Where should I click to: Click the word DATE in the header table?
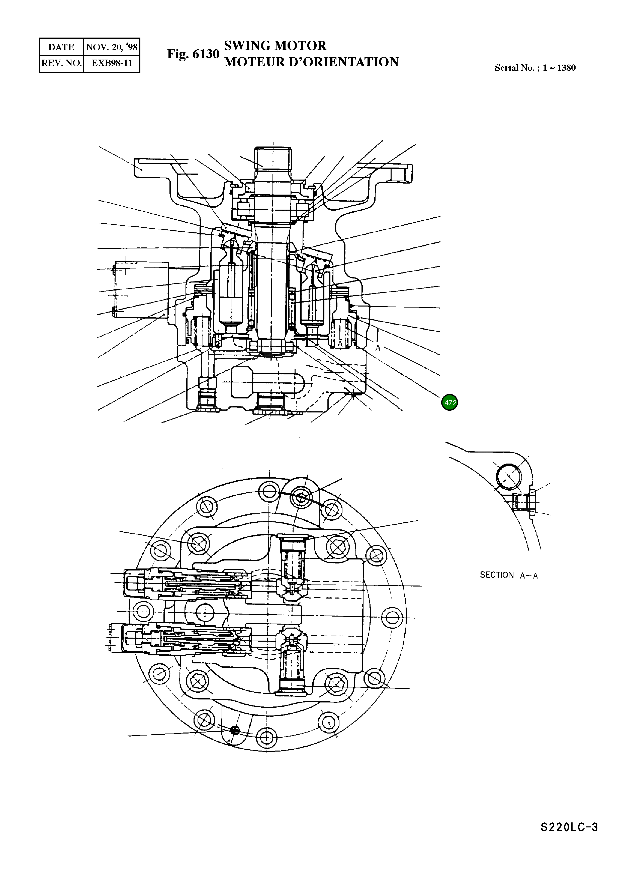pos(61,47)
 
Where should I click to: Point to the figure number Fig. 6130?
pos(193,54)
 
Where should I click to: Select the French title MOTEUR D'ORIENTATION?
pos(311,62)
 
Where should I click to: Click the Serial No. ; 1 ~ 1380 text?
pos(535,68)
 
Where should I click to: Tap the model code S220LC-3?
pos(569,838)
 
